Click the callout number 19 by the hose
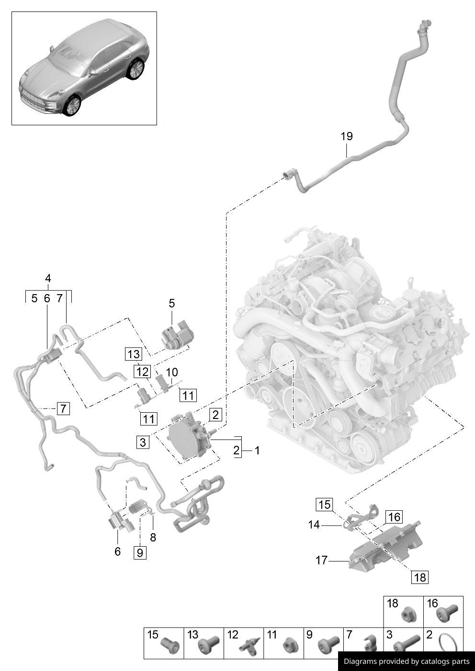pos(347,136)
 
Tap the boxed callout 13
pos(134,354)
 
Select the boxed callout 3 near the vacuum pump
pos(143,442)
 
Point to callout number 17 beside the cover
pos(321,560)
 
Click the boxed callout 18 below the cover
pos(419,577)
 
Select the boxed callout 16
pos(394,517)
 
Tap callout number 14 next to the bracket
pos(314,525)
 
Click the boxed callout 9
pos(140,553)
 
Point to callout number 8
pos(153,537)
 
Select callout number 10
pos(171,372)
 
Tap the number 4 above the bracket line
pos(48,278)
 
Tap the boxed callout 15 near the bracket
pos(324,505)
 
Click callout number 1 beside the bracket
pos(257,451)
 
